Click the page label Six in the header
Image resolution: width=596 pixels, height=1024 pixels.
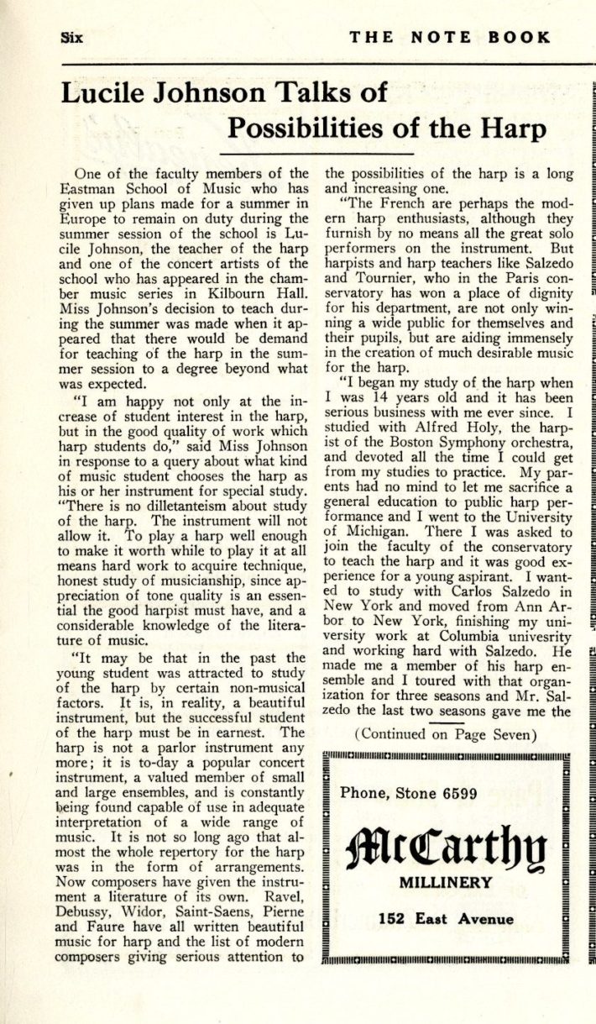pos(76,37)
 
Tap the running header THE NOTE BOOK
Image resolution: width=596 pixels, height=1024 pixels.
pos(450,37)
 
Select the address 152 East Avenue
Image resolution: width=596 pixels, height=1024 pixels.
pos(446,918)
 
